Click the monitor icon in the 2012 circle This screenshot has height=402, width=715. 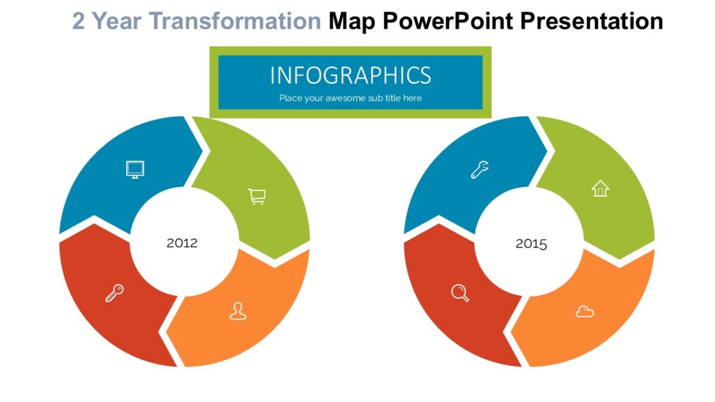[135, 169]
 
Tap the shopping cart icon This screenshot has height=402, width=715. [257, 197]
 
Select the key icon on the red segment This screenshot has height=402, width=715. [114, 293]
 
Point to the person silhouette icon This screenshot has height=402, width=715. [238, 311]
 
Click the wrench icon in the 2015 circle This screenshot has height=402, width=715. [480, 169]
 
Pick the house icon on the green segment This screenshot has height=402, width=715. [601, 189]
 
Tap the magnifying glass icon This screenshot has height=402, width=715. [460, 293]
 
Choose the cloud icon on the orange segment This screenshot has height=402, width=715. [585, 311]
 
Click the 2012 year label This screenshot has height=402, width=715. [182, 243]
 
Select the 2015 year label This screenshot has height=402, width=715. [531, 244]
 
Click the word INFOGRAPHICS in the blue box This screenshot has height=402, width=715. [350, 75]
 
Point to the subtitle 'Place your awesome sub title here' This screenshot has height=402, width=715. [350, 98]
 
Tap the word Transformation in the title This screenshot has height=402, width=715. [235, 21]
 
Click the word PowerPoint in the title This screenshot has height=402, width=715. [448, 21]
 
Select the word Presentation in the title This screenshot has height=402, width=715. [592, 21]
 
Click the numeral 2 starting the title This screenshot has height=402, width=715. [79, 21]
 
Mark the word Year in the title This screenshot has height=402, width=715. [117, 21]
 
